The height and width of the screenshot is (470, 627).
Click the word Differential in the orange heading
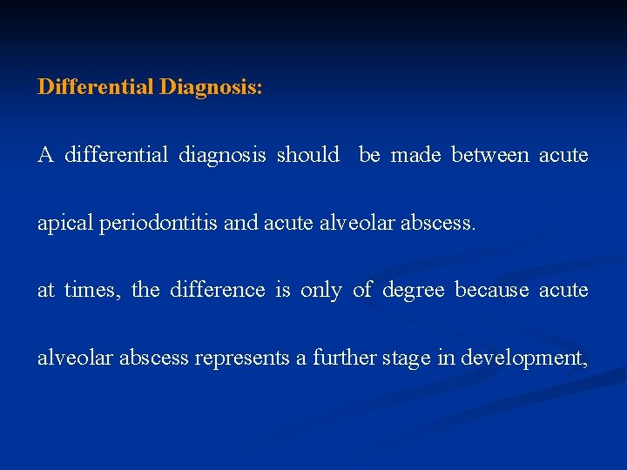tap(96, 88)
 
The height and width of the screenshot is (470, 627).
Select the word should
tap(307, 155)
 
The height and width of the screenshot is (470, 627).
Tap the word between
tap(489, 155)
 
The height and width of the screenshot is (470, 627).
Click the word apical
tap(66, 223)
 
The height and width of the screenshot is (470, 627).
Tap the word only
tap(320, 291)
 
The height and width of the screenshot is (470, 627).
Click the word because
tap(492, 290)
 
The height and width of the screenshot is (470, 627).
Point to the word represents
tap(240, 358)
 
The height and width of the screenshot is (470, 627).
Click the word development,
tap(524, 358)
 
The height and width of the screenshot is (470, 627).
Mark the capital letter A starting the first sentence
tap(45, 155)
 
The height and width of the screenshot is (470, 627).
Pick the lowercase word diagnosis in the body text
tap(222, 155)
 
